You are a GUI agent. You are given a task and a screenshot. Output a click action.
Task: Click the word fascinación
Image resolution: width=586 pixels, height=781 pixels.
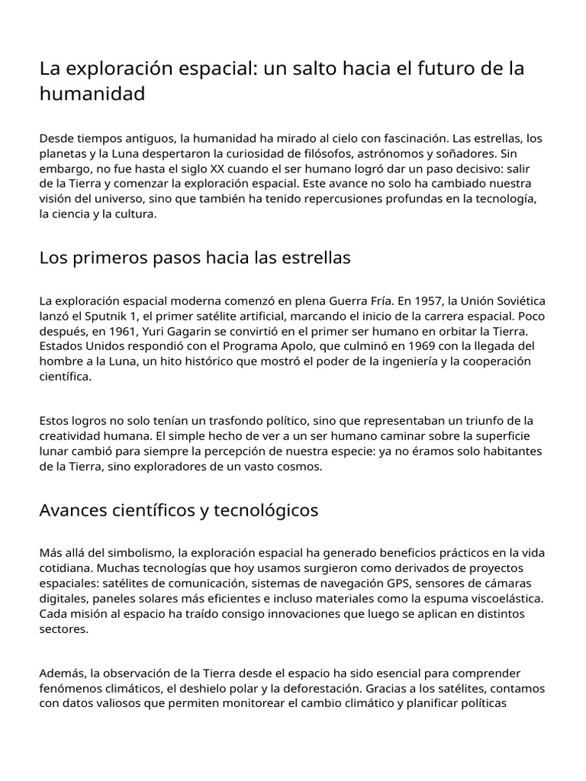pyautogui.click(x=401, y=139)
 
